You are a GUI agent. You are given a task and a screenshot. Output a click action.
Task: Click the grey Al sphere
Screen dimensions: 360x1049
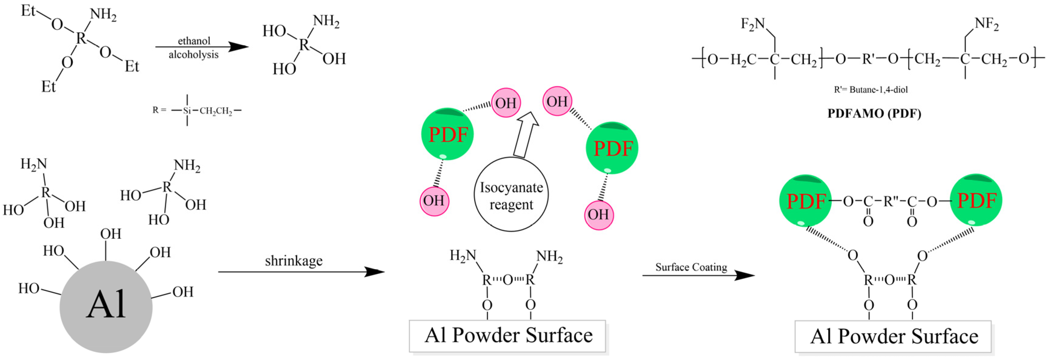106,306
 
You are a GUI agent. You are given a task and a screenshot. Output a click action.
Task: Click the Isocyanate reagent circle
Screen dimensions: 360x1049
511,194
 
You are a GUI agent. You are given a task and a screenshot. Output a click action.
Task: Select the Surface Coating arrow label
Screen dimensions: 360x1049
691,267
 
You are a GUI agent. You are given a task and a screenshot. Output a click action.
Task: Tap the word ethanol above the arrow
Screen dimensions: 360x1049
194,41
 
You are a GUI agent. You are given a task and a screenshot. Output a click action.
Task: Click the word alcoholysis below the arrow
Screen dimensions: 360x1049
194,54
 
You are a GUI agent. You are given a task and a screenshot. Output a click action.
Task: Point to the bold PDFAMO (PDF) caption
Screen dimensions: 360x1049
874,113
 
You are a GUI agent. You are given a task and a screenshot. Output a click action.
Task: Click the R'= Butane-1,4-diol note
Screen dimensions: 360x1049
871,90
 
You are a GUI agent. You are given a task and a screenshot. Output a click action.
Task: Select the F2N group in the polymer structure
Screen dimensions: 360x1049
752,25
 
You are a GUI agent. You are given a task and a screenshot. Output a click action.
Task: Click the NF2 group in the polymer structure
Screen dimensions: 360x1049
986,25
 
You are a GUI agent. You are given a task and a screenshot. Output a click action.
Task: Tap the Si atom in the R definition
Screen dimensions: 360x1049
187,111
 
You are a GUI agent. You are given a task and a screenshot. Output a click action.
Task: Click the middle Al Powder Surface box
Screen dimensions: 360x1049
507,335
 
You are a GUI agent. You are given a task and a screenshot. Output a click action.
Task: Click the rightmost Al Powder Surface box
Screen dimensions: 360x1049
893,336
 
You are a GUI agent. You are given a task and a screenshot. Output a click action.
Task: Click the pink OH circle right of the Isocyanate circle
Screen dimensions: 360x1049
598,215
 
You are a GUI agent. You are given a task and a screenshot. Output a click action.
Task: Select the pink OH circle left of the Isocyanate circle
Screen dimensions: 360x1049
434,201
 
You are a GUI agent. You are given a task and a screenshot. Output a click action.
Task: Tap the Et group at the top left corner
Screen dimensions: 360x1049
28,11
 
